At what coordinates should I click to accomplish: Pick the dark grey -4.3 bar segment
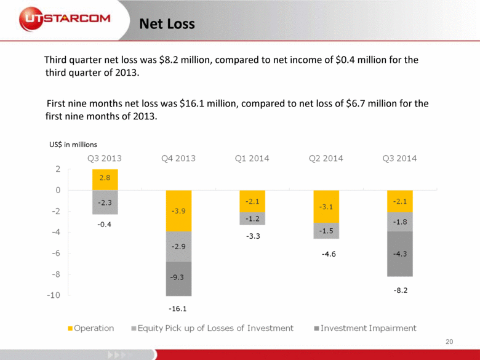point(400,254)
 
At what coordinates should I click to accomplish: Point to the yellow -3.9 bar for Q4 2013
point(178,210)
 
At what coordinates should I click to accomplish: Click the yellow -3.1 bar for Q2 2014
point(326,206)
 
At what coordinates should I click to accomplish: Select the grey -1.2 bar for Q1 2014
point(252,218)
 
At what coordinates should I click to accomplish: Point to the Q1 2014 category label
point(252,158)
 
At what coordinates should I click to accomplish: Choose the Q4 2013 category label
point(178,158)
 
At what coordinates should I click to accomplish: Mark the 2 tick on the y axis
point(57,169)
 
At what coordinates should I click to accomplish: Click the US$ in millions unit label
point(73,145)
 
